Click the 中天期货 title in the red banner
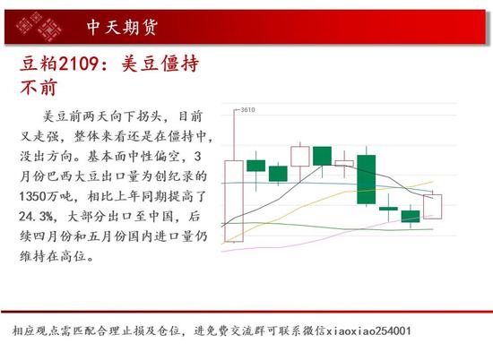coord(122,28)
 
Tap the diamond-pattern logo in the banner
coord(39,26)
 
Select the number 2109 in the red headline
coord(79,64)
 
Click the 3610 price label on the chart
coord(247,109)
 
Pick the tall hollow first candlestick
coord(234,201)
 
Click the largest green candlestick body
coord(367,179)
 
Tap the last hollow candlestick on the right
coord(433,206)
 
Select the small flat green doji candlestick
coord(388,209)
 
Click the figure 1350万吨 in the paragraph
coord(47,197)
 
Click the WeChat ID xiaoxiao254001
coord(368,331)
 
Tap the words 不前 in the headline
coord(39,88)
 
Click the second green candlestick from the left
coord(278,174)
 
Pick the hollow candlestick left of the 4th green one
coord(344,163)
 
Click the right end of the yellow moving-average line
coord(433,181)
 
